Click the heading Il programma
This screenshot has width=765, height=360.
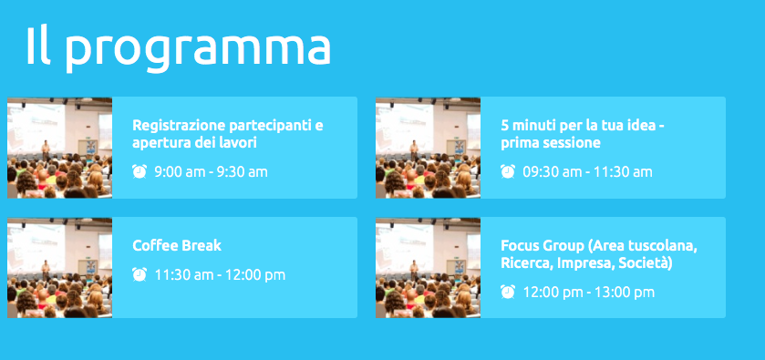click(179, 46)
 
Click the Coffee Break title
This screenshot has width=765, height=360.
click(177, 245)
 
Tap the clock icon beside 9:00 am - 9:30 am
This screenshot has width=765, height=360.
click(139, 171)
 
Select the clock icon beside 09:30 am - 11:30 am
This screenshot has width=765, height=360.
click(507, 171)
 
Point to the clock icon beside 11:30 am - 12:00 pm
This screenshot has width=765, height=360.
click(139, 274)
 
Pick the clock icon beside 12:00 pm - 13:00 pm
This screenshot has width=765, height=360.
click(507, 293)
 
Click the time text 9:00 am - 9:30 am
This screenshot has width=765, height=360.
click(211, 172)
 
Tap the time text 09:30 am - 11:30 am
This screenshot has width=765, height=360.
click(587, 172)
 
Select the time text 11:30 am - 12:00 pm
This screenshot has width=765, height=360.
click(220, 275)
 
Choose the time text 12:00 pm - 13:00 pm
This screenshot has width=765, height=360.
click(588, 293)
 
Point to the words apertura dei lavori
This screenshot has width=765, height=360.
click(194, 143)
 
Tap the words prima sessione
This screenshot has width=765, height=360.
click(551, 143)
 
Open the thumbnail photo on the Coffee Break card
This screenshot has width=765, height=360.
click(59, 268)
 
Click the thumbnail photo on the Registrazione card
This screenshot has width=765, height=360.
click(59, 148)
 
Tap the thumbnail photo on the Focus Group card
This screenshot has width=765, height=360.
click(428, 268)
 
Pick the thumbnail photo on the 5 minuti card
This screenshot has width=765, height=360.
click(428, 148)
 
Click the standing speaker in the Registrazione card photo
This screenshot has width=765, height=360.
click(46, 150)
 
